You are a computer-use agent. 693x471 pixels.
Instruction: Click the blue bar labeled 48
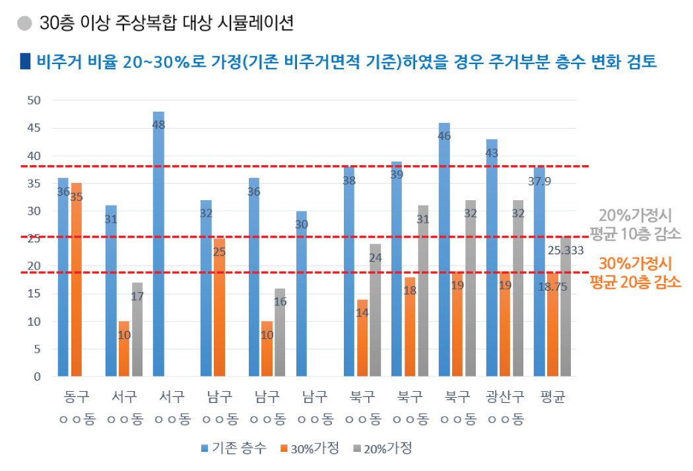pyautogui.click(x=158, y=244)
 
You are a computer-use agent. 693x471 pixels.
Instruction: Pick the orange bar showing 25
pyautogui.click(x=218, y=307)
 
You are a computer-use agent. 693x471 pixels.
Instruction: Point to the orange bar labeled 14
pyautogui.click(x=362, y=338)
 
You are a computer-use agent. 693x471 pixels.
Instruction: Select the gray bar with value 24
pyautogui.click(x=376, y=310)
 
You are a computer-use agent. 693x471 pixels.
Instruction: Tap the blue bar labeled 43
pyautogui.click(x=492, y=258)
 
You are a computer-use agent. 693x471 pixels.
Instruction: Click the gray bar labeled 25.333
pyautogui.click(x=565, y=307)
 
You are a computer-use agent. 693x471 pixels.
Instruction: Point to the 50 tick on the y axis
pyautogui.click(x=33, y=100)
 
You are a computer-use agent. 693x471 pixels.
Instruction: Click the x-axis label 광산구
pyautogui.click(x=505, y=397)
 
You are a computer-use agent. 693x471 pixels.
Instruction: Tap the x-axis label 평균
pyautogui.click(x=552, y=397)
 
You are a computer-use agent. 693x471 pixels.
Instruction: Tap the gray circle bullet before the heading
pyautogui.click(x=24, y=24)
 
